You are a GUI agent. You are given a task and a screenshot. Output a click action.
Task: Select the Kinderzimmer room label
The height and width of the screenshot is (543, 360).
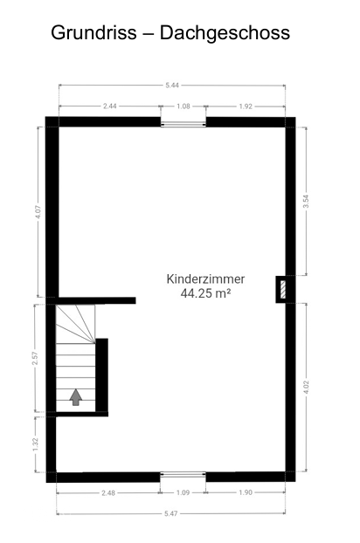205,279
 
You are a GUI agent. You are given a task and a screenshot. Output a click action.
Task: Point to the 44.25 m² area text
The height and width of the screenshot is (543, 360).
205,294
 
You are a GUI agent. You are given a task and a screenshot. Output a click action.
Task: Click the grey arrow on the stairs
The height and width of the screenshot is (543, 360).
76,397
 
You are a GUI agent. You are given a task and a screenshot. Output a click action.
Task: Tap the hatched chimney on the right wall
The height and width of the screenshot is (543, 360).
283,289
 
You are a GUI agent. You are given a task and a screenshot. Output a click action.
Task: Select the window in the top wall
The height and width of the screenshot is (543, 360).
183,122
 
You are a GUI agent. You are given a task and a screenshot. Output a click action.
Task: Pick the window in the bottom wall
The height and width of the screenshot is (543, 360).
183,476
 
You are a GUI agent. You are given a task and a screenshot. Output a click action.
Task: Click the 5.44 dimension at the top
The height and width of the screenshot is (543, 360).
172,85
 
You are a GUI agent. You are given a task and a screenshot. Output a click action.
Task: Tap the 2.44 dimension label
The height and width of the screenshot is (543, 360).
110,106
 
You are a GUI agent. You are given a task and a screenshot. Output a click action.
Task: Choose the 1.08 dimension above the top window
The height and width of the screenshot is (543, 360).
183,106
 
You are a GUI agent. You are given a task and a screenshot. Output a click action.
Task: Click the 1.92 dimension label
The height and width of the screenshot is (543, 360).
246,106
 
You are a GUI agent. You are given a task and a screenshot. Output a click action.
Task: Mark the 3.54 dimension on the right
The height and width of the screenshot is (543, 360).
305,200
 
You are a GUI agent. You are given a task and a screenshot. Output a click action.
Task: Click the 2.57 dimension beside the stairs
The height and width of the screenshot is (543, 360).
34,357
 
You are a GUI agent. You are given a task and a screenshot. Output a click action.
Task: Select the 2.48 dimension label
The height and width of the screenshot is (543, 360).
109,493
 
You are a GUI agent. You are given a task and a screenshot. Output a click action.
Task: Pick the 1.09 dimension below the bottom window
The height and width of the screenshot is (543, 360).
183,493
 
